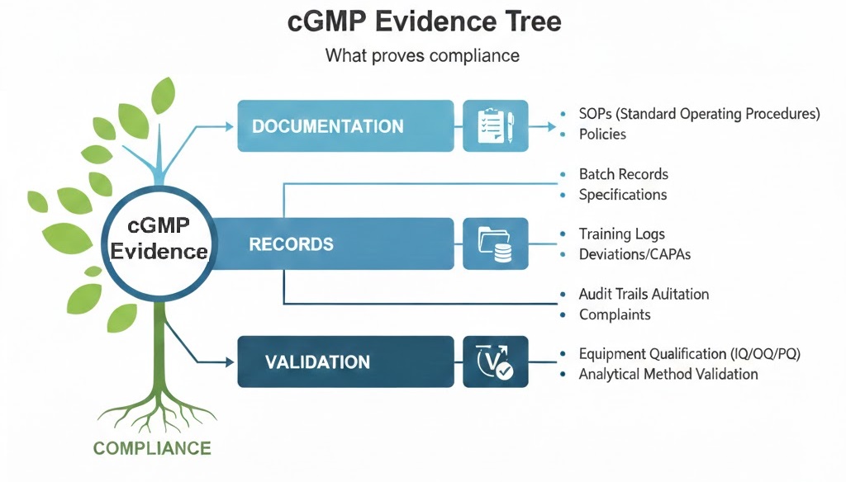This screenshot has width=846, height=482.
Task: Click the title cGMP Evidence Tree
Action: click(x=422, y=22)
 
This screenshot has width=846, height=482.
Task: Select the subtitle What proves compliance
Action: click(x=422, y=56)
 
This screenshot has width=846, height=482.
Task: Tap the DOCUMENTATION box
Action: click(x=345, y=126)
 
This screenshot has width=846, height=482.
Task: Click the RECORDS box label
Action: click(x=292, y=244)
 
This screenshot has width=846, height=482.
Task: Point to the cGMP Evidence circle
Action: click(x=159, y=239)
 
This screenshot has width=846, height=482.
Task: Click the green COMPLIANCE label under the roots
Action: click(x=152, y=449)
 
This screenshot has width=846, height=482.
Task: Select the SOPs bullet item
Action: click(x=699, y=114)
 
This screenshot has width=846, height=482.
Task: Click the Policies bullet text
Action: click(x=602, y=135)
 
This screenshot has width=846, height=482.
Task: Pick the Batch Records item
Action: click(x=623, y=174)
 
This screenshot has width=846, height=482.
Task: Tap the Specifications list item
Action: click(x=622, y=195)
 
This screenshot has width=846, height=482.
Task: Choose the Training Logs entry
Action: click(x=621, y=234)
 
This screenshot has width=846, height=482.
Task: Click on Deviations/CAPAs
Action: click(x=634, y=254)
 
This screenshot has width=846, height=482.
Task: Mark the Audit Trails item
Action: click(x=644, y=294)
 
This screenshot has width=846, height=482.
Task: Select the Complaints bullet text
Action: click(x=615, y=314)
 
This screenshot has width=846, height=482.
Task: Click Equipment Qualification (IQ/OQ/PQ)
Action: click(x=690, y=354)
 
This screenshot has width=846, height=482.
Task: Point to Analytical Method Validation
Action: click(x=668, y=374)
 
